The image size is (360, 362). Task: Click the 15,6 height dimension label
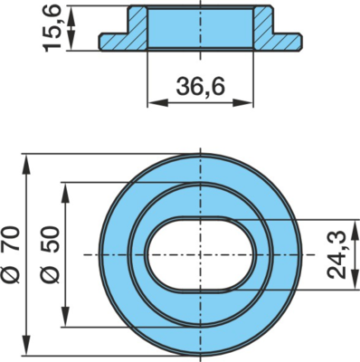(x=52, y=28)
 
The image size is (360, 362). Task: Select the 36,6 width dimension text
(x=201, y=87)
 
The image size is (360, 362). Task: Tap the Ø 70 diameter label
(x=12, y=254)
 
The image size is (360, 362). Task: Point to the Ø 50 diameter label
(x=51, y=254)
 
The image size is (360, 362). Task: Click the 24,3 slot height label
(x=336, y=254)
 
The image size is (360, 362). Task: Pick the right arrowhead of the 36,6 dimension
(x=242, y=102)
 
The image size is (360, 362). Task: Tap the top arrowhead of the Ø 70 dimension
(x=27, y=164)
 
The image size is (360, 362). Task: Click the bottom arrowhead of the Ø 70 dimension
(x=27, y=345)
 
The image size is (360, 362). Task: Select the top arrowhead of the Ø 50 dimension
(x=65, y=193)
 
